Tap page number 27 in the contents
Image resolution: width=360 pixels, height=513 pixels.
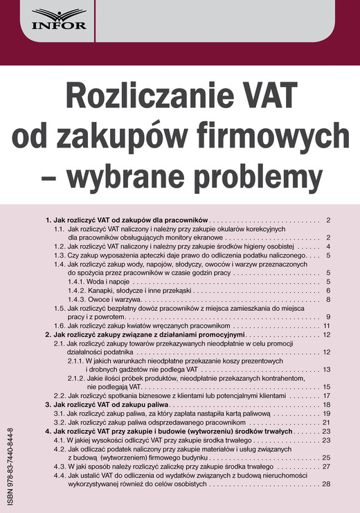click(327, 467)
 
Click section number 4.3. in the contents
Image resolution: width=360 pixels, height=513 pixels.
click(60, 467)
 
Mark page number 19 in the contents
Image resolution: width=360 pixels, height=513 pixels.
click(327, 413)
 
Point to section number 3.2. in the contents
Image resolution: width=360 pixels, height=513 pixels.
click(60, 422)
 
